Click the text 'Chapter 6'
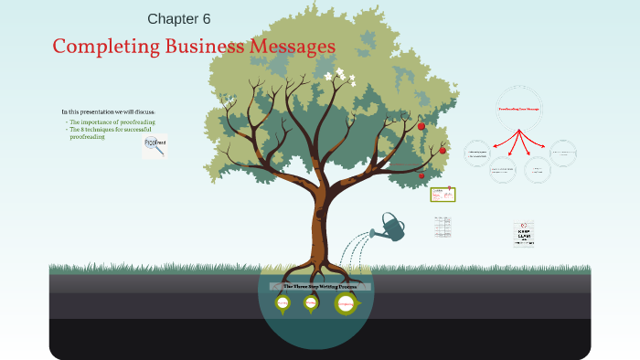tap(185, 18)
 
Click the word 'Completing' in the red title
tap(97, 46)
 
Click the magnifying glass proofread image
tap(155, 146)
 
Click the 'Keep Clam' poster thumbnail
tap(524, 234)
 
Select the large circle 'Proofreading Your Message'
tap(518, 109)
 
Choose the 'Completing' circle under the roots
tap(346, 303)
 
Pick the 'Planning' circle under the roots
tap(283, 302)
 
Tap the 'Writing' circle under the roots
tap(311, 302)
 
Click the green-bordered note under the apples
tap(443, 194)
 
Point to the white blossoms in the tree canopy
tap(337, 77)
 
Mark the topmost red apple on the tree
tap(421, 126)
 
